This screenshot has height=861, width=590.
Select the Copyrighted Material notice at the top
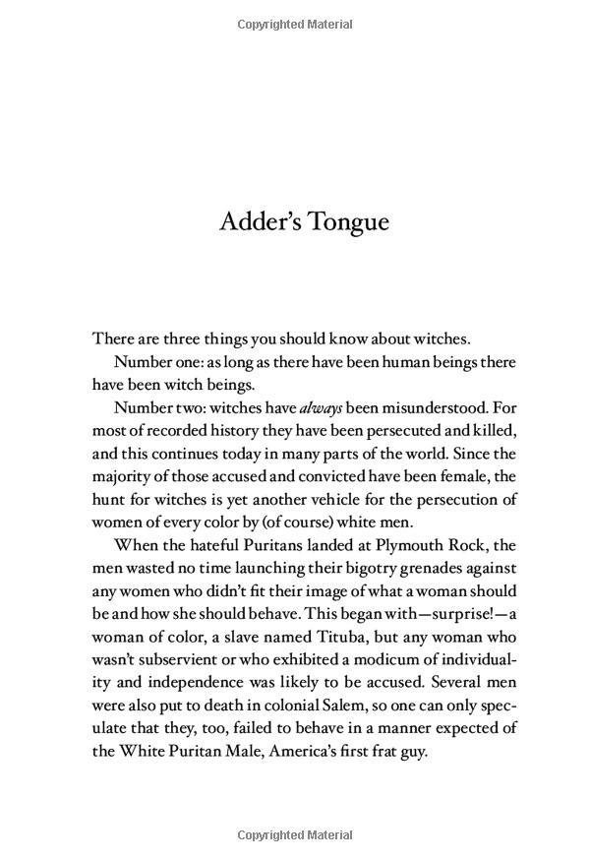(x=294, y=22)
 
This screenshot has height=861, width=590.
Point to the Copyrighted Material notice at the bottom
(x=294, y=836)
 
